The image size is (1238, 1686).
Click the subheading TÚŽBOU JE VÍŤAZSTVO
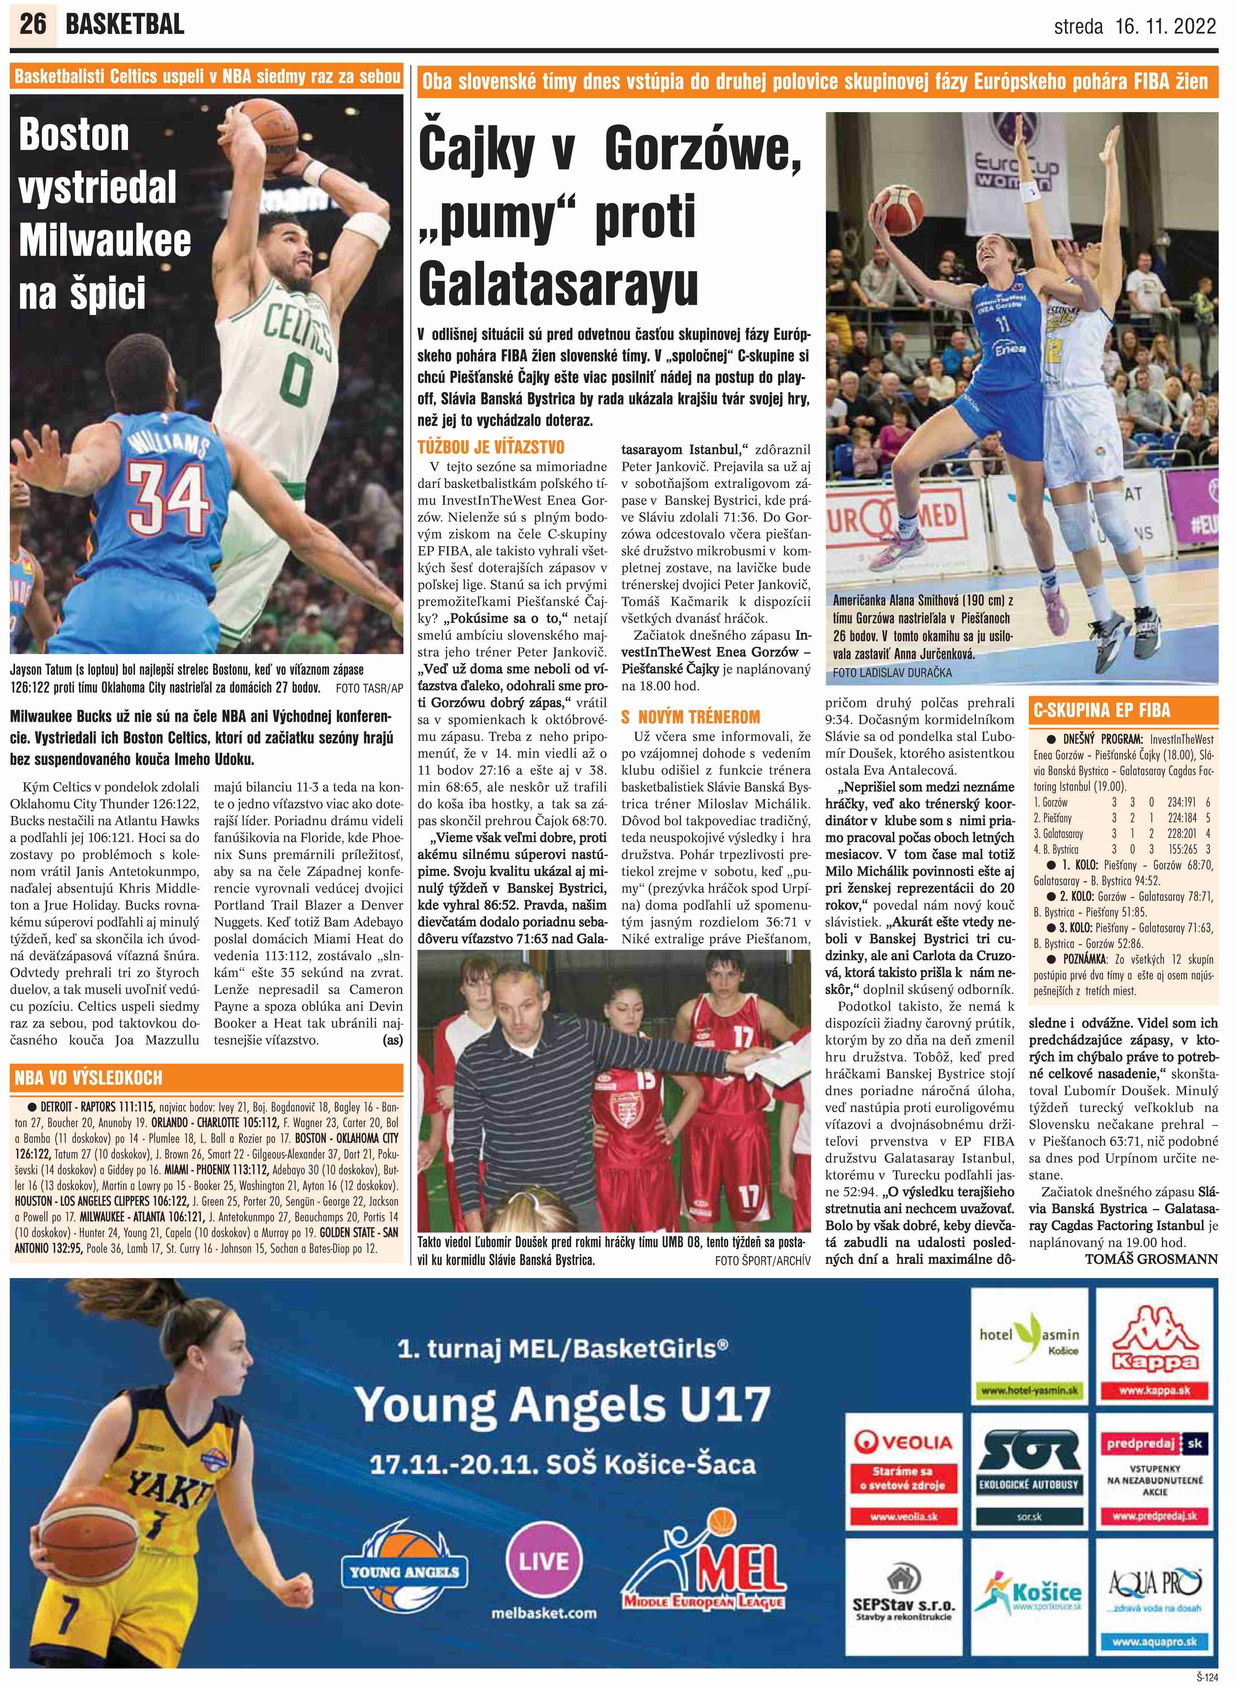491,448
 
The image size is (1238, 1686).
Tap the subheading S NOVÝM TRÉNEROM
690,717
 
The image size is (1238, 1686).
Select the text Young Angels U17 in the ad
562,1405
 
